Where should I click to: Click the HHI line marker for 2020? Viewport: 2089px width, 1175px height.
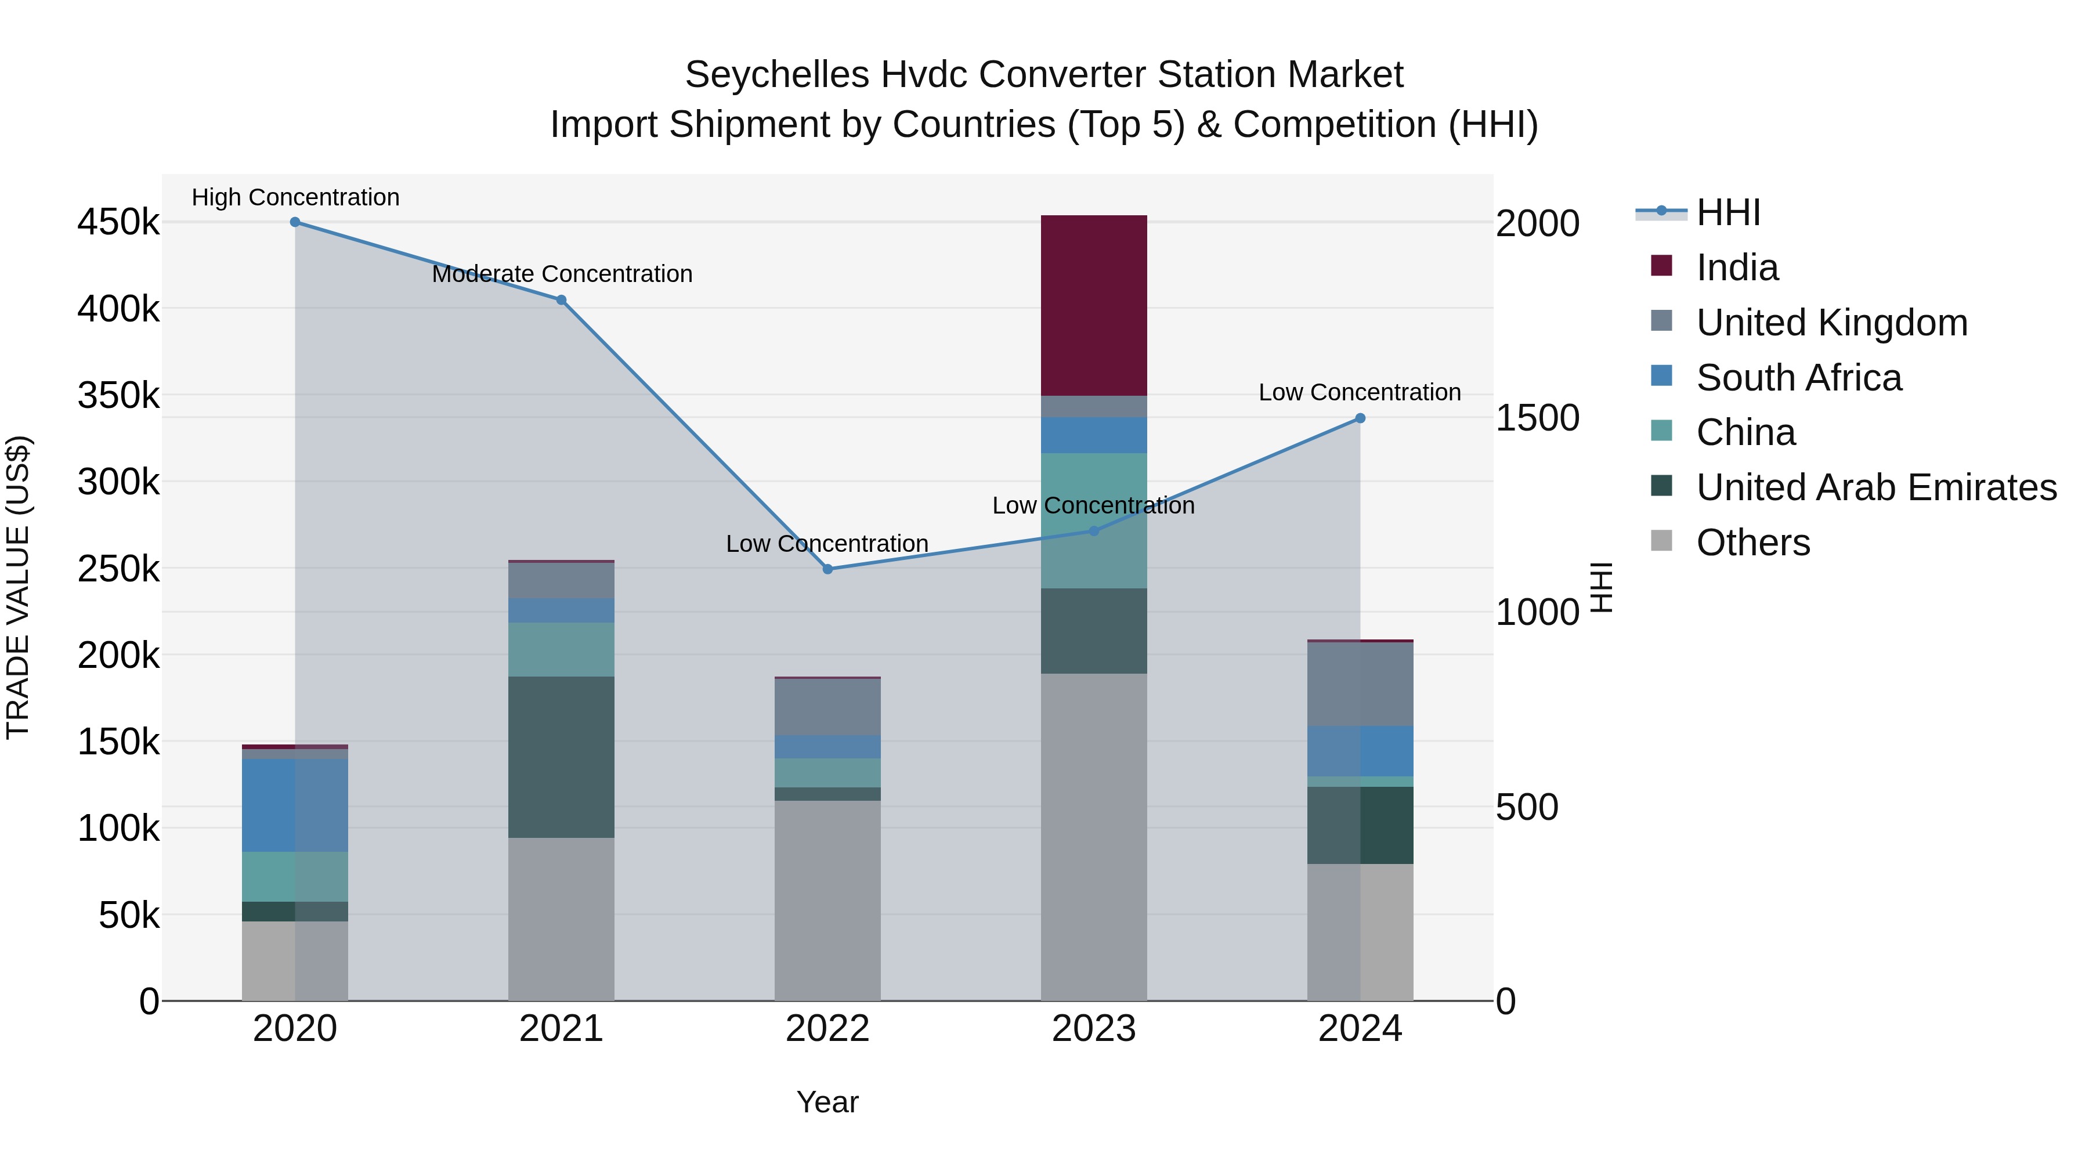295,222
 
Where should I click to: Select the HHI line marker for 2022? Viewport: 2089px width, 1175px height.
827,569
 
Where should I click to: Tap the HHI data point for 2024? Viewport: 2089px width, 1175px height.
1360,418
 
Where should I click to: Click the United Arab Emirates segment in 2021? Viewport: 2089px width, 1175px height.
561,757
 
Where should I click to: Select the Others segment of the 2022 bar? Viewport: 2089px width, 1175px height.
827,900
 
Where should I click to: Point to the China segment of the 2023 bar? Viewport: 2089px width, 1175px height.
1093,520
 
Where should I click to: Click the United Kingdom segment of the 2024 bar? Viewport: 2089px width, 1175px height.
1360,684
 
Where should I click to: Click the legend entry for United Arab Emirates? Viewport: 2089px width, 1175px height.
1875,487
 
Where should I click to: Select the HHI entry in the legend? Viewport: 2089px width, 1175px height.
1727,212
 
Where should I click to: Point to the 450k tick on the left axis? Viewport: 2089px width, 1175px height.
118,222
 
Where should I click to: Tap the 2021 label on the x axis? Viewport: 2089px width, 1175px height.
561,1029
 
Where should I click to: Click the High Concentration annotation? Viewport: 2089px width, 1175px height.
295,197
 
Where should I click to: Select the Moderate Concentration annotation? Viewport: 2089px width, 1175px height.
562,274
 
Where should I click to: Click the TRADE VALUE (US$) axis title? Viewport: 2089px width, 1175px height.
18,587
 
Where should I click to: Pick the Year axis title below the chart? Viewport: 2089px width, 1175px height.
827,1102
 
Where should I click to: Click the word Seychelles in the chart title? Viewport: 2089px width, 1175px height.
777,75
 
